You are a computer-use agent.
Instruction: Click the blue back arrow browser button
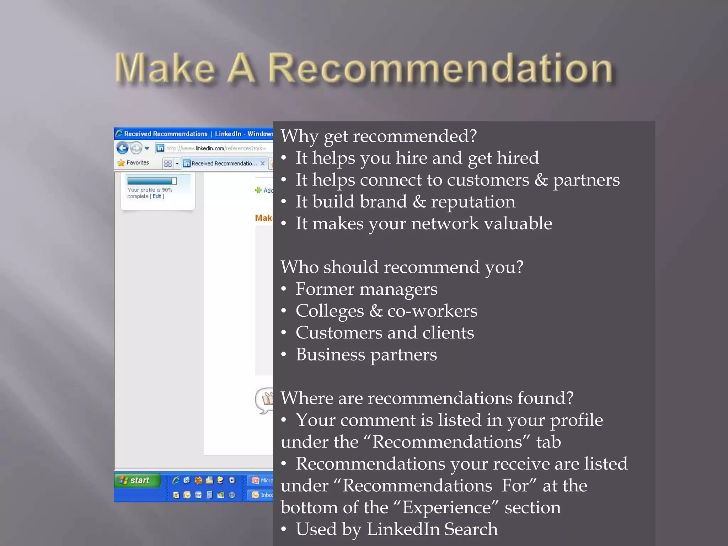tap(123, 148)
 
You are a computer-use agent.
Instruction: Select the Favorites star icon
tap(121, 163)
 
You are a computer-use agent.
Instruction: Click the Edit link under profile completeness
tap(157, 196)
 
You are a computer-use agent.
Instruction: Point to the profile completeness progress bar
tap(152, 181)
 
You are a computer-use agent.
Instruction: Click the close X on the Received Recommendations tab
tap(263, 163)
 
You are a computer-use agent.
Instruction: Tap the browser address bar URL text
tap(216, 148)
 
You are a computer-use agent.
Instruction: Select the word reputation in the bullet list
tap(473, 202)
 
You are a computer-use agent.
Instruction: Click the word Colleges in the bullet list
tap(330, 311)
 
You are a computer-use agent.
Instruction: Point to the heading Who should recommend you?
tap(402, 267)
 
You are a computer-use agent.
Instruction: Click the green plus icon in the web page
tap(258, 190)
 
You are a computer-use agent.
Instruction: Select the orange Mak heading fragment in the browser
tap(263, 218)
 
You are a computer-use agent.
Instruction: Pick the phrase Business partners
tap(366, 355)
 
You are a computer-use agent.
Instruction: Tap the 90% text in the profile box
tap(167, 190)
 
